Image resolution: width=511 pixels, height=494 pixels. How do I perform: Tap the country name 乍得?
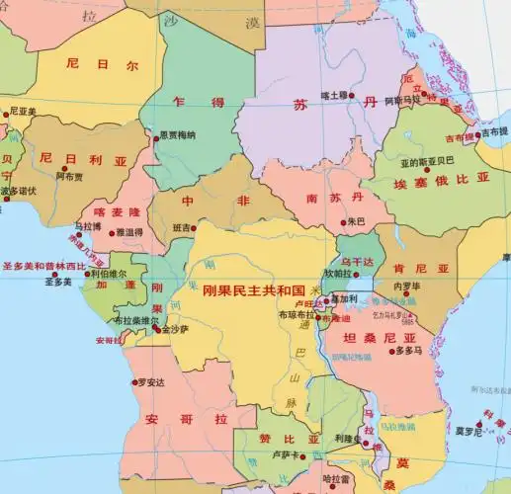184,101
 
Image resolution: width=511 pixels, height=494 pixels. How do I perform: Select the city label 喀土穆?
335,96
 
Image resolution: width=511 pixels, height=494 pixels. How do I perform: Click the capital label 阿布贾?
69,178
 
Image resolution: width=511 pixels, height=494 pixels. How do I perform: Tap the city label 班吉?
182,227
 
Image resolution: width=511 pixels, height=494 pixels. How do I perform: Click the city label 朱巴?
356,221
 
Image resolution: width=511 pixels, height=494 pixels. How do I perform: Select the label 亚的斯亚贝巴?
427,160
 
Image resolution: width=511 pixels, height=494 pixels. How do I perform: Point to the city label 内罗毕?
407,287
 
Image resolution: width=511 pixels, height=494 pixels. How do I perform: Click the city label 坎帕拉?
338,273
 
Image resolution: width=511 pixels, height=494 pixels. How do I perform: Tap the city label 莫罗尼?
468,431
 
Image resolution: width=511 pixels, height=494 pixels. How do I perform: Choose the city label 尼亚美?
22,112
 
